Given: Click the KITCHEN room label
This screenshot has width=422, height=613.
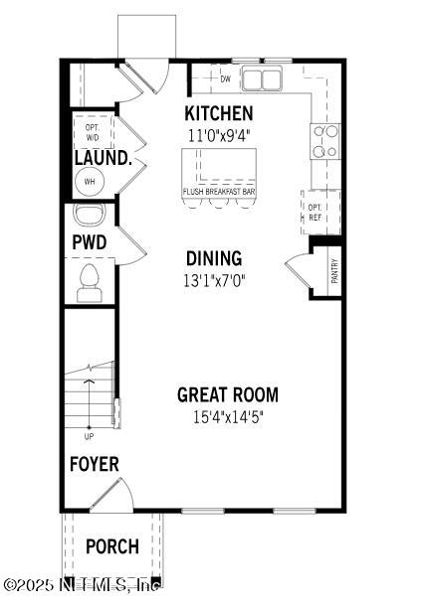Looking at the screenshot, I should coord(219,113).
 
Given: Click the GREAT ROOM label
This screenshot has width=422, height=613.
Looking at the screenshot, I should coord(228,394).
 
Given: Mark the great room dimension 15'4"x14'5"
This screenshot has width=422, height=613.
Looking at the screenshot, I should coord(228,416).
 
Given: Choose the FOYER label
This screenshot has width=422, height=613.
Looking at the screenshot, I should coord(94,464).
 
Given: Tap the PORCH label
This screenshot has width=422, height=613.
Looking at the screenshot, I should coord(111,546).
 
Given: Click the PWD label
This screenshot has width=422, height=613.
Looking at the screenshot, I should coord(89,242).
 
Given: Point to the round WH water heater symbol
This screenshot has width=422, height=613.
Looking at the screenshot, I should coord(89,182).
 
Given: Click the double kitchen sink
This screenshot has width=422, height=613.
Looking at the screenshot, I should coord(262,78).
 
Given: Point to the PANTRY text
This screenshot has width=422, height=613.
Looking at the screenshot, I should coord(334,271).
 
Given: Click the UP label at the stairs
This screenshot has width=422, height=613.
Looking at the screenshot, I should coord(90,435).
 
